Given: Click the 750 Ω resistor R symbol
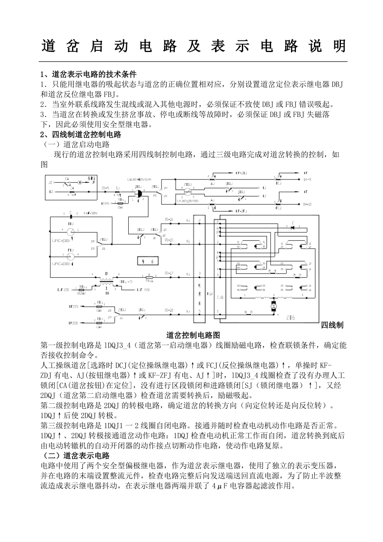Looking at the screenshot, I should [x=149, y=276].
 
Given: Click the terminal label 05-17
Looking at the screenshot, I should [x=169, y=273].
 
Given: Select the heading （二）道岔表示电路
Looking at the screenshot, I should [x=75, y=455].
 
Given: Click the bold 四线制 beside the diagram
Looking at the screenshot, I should [x=332, y=325].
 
